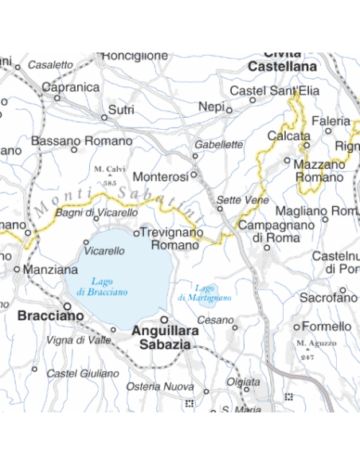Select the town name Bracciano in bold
pyautogui.click(x=50, y=315)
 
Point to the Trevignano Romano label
pyautogui.click(x=169, y=239)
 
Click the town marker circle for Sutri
pyautogui.click(x=104, y=117)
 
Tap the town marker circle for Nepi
pyautogui.click(x=229, y=111)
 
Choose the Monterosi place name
pyautogui.click(x=160, y=176)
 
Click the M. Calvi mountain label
pyautogui.click(x=110, y=169)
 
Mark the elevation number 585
pyautogui.click(x=110, y=183)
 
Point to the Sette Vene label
pyautogui.click(x=237, y=199)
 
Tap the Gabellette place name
pyautogui.click(x=218, y=145)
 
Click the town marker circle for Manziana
pyautogui.click(x=18, y=270)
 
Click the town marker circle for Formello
pyautogui.click(x=297, y=327)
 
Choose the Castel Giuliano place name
pyautogui.click(x=82, y=373)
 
